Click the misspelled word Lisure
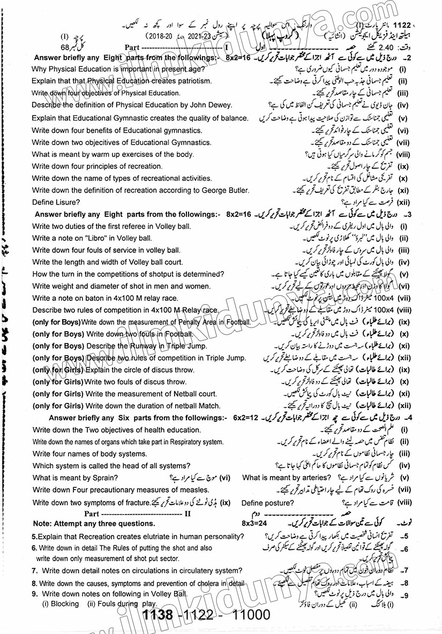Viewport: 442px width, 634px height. coord(66,202)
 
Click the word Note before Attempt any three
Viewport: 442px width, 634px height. coord(43,524)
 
